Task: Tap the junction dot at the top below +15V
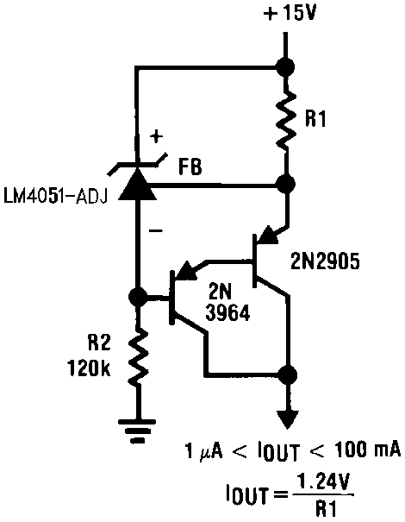point(284,66)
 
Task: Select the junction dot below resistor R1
point(284,184)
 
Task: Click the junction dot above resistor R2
point(135,298)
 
